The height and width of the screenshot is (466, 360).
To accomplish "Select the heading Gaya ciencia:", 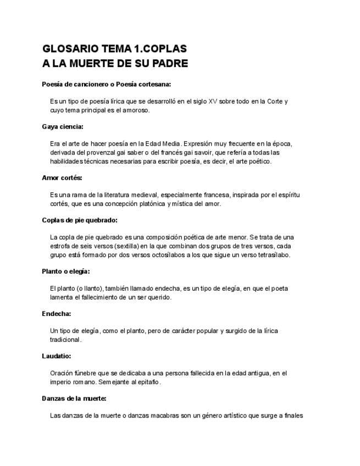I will pyautogui.click(x=63, y=126).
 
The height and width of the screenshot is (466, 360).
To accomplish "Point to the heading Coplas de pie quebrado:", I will pyautogui.click(x=80, y=220).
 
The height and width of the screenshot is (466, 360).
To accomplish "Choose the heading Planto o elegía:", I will pyautogui.click(x=65, y=271).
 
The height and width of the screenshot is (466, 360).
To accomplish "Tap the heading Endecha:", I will pyautogui.click(x=57, y=314).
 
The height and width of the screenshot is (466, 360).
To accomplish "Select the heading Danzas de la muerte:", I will pyautogui.click(x=74, y=398).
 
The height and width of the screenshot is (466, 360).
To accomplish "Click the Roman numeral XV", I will pyautogui.click(x=213, y=102).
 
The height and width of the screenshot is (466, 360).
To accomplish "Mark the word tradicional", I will pyautogui.click(x=65, y=340).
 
